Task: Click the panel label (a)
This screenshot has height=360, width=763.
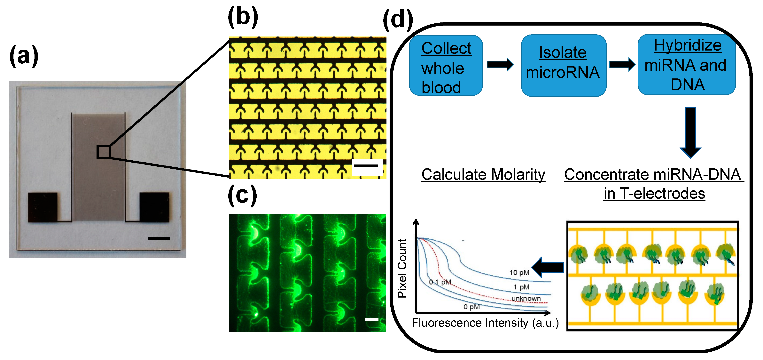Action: click(x=24, y=56)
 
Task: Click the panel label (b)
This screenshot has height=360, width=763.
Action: click(x=243, y=17)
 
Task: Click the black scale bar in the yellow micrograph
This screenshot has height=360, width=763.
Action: click(x=366, y=166)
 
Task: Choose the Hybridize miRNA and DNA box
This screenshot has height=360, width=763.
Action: click(x=687, y=65)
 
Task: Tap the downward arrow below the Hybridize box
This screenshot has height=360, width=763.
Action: click(x=690, y=132)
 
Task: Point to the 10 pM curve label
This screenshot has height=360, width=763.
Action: click(x=519, y=272)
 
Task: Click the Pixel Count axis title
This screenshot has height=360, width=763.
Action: click(x=402, y=268)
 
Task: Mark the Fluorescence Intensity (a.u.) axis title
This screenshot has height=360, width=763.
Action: click(x=485, y=323)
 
